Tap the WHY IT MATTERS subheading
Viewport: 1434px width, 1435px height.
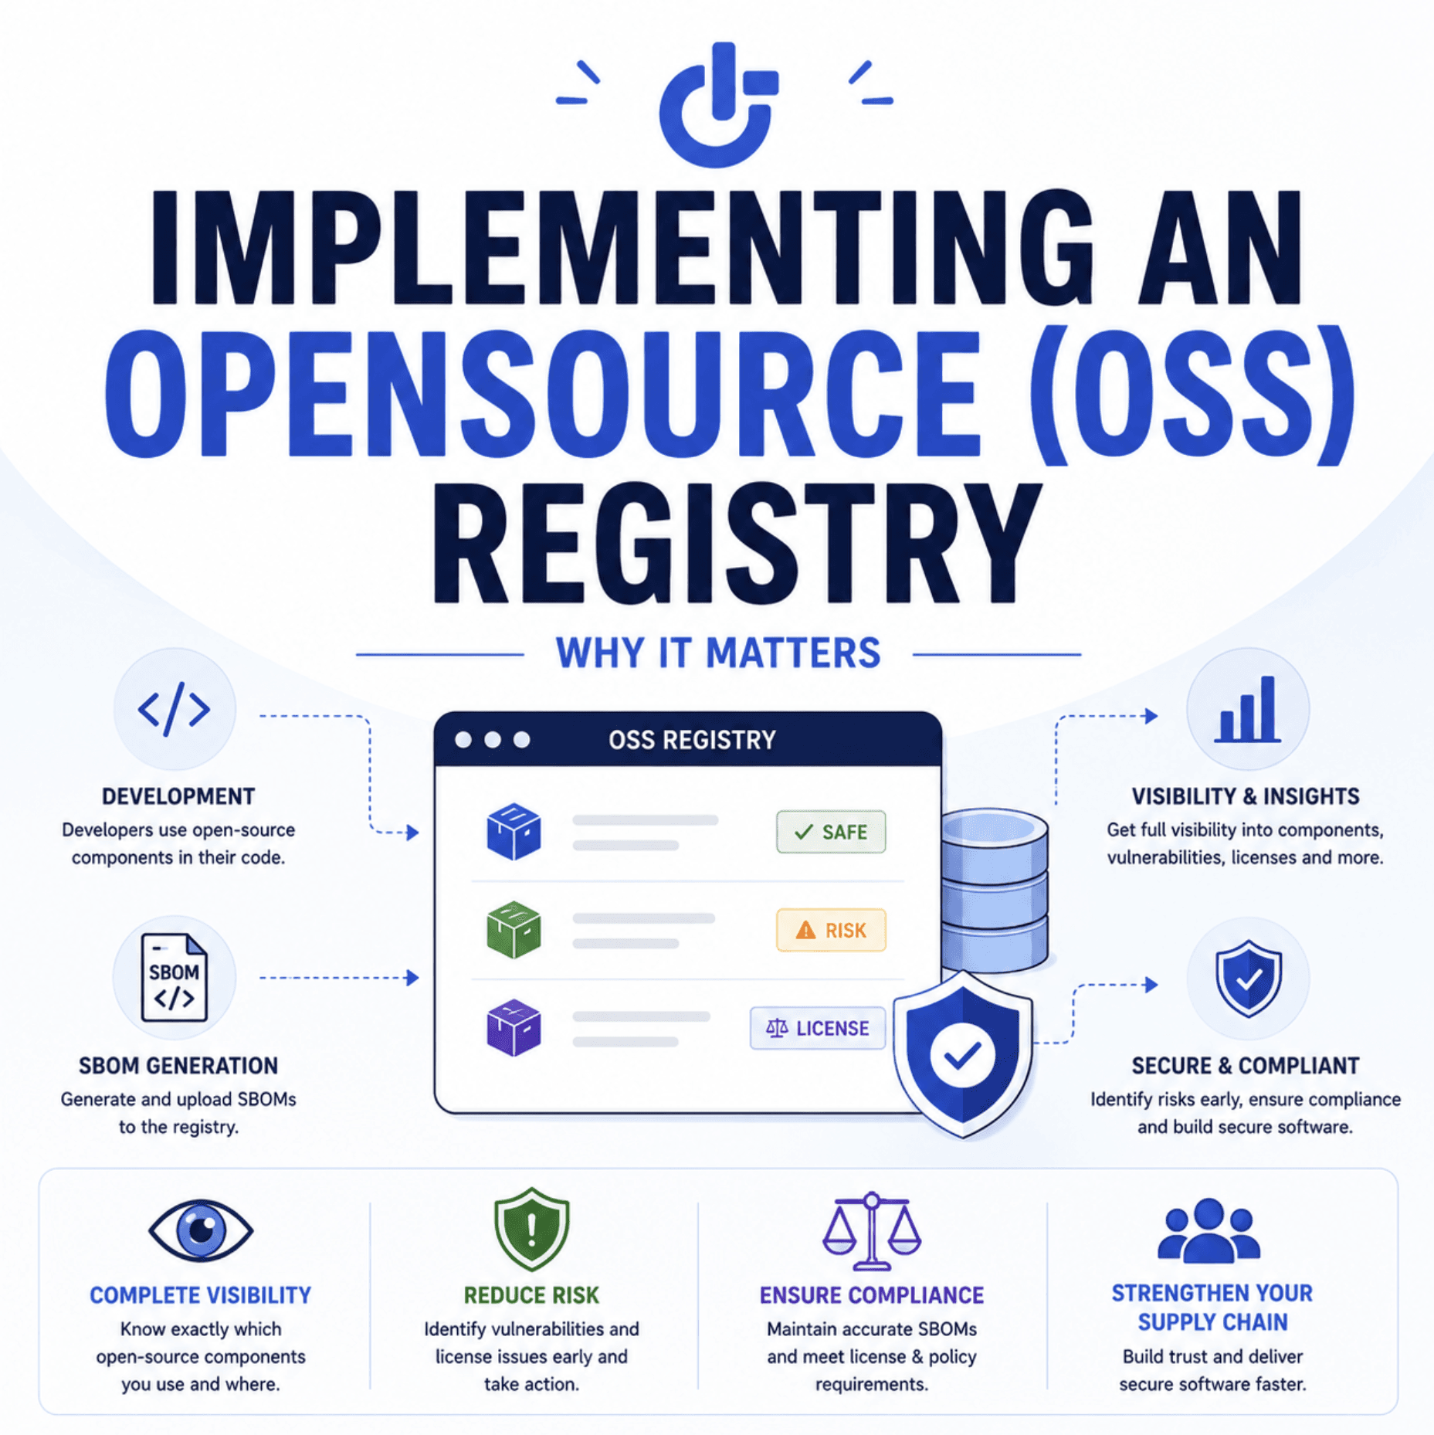coord(718,653)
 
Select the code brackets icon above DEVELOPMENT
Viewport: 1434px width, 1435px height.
coord(174,708)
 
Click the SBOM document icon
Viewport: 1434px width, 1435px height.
coord(175,977)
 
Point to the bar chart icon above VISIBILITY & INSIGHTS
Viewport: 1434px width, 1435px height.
coord(1247,710)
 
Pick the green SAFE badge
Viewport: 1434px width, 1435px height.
coord(831,832)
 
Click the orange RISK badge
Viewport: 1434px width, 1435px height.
coord(831,930)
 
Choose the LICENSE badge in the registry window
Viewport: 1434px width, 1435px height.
coord(818,1028)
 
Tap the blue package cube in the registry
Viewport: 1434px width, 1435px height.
coord(514,831)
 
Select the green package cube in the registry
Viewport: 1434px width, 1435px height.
coord(514,929)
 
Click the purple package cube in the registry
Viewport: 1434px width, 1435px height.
coord(514,1027)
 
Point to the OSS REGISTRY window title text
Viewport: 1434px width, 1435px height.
coord(692,740)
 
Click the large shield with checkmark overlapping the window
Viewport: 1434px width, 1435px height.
coord(962,1054)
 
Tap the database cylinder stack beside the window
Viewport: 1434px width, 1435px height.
coord(995,888)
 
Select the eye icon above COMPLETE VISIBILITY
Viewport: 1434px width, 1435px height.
coord(201,1230)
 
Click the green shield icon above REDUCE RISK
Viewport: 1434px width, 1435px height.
coord(531,1229)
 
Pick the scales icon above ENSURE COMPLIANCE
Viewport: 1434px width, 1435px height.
coord(872,1231)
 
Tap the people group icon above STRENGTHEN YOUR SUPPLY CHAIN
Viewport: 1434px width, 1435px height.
coord(1209,1230)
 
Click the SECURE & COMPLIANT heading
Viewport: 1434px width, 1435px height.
coord(1245,1066)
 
